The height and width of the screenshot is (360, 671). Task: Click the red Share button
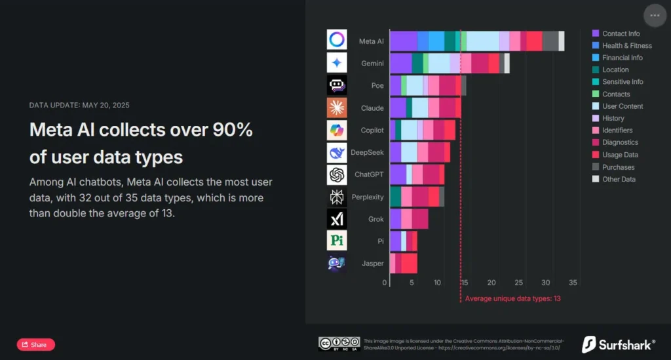36,344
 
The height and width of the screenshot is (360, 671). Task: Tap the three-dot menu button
655,15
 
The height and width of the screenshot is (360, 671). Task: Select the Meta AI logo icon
337,39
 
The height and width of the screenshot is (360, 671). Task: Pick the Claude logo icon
337,108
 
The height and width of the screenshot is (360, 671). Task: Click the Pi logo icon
337,241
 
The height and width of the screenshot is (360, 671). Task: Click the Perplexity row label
367,197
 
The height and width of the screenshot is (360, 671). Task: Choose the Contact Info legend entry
621,33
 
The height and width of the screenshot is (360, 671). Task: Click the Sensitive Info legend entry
623,82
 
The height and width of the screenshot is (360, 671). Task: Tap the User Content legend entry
623,106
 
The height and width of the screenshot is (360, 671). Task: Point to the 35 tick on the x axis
573,283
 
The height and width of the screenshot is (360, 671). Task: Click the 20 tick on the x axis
491,283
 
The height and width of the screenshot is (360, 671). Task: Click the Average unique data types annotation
512,298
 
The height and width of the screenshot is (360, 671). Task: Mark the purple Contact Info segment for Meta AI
404,41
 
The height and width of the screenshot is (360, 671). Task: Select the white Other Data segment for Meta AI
562,41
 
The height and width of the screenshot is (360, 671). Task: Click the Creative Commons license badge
339,344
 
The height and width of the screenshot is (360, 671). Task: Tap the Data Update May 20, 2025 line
84,105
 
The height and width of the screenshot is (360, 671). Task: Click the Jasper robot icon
337,263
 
